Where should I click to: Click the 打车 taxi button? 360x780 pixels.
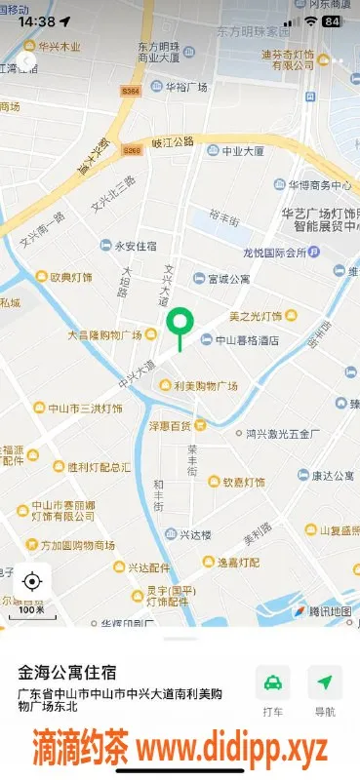tap(272, 690)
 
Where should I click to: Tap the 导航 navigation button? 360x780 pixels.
tap(325, 690)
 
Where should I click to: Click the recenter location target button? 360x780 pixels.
tap(32, 582)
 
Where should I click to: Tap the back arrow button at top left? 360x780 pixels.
tap(25, 60)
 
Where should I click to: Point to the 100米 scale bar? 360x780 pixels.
tap(32, 611)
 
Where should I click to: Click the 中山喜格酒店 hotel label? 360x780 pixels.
tap(240, 340)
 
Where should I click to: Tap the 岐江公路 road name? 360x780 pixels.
tap(174, 141)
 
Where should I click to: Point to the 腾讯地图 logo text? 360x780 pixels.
tap(329, 611)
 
